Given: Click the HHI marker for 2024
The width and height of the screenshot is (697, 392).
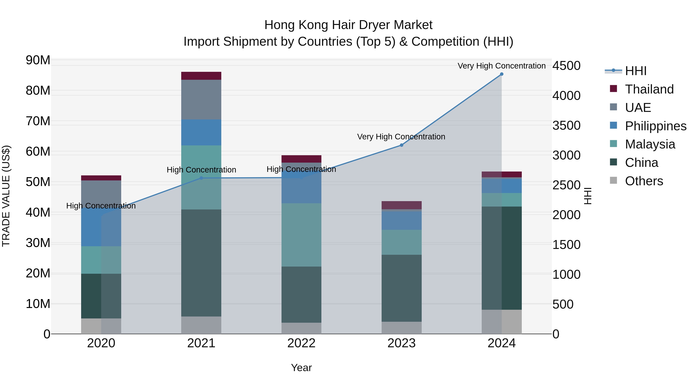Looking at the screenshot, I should tap(502, 74).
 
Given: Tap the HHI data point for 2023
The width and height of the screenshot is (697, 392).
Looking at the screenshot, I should tap(402, 145).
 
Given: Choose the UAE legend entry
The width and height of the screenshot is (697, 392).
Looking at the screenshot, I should tap(638, 108).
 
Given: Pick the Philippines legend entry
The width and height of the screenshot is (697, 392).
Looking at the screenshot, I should tap(656, 126).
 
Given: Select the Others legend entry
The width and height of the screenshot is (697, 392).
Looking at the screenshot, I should tap(644, 181).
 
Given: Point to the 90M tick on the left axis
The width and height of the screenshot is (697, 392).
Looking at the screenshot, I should tap(38, 60).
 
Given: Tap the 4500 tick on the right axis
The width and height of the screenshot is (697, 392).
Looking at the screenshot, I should tap(566, 66).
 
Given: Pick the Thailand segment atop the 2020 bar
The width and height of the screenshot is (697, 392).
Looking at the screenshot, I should tap(101, 178).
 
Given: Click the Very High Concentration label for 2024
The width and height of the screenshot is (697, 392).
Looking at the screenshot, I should tap(502, 66).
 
